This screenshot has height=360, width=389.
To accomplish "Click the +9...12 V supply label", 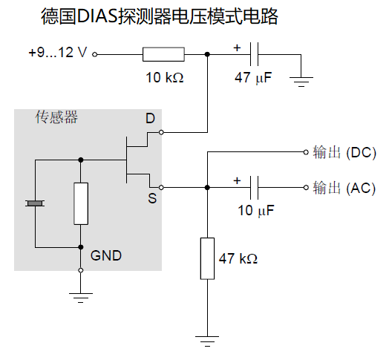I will [x=56, y=53].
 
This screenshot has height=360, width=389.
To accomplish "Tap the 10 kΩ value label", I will [x=164, y=76].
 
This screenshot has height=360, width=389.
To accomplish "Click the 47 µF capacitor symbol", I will [x=254, y=53].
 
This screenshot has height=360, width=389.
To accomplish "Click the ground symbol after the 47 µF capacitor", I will [x=301, y=79].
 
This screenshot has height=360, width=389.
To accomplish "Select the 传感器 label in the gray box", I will [x=57, y=117].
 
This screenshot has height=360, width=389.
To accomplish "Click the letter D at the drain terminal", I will [x=150, y=119].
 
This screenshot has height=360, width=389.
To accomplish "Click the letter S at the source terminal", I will [x=151, y=199].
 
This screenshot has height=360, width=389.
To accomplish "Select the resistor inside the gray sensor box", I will [x=81, y=203].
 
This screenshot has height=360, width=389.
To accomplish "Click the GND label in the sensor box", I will [x=106, y=255].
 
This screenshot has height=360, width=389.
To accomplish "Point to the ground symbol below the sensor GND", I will [x=80, y=296].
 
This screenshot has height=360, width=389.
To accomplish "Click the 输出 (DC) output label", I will [x=344, y=153].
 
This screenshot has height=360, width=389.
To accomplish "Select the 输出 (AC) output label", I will [x=344, y=187].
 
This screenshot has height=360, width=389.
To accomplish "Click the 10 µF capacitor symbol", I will [x=254, y=187].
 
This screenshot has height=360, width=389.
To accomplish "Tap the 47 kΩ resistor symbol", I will [x=207, y=258].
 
